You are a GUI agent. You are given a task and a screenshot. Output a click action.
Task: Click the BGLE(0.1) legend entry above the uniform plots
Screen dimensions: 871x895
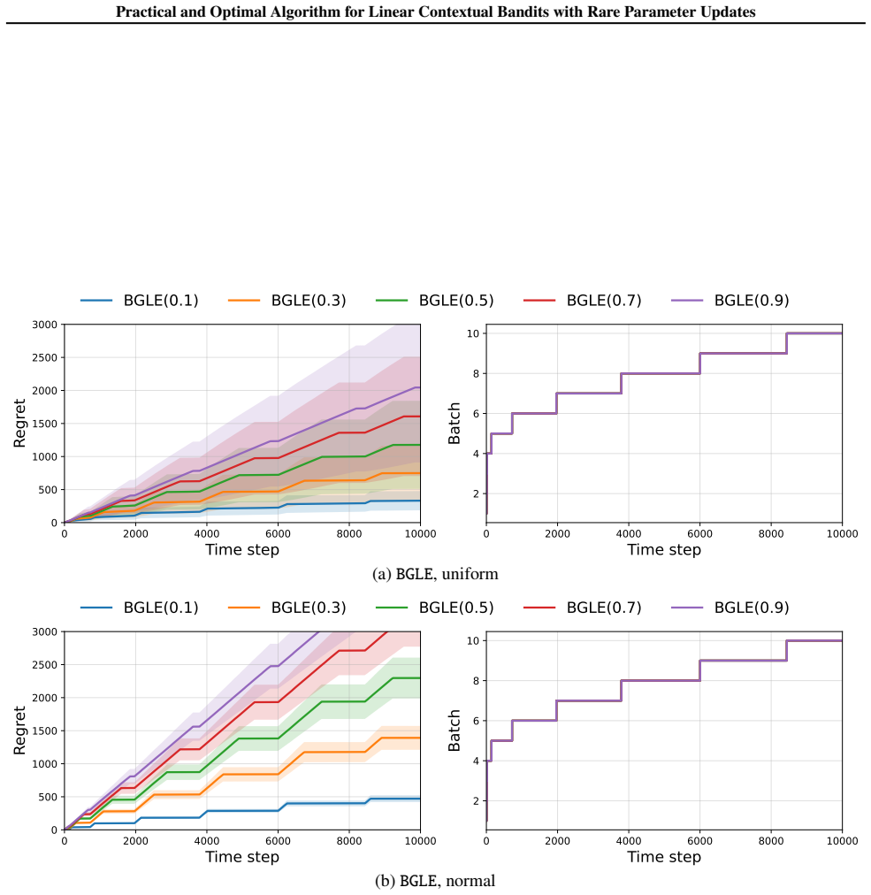coord(139,300)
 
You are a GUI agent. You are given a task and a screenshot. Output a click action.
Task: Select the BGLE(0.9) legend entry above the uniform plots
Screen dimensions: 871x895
coord(730,300)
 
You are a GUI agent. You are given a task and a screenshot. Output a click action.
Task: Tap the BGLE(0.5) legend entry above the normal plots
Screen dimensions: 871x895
coord(435,608)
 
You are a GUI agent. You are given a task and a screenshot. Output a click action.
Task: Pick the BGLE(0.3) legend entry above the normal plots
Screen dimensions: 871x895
coord(287,608)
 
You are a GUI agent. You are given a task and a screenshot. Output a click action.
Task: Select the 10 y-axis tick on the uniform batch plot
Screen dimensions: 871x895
coord(472,333)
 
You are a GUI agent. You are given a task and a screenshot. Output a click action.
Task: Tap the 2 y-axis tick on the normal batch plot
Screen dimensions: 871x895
coord(476,801)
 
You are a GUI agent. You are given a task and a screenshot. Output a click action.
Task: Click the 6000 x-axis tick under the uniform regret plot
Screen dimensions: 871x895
coord(278,533)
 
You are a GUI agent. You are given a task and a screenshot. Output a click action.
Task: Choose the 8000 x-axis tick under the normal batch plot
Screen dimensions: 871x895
coord(771,841)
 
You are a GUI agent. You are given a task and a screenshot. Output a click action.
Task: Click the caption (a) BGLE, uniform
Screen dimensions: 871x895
coord(435,574)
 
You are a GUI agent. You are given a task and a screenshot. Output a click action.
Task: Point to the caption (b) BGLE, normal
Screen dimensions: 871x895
coord(435,881)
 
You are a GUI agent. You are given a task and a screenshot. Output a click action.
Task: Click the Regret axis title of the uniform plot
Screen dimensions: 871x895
coord(20,424)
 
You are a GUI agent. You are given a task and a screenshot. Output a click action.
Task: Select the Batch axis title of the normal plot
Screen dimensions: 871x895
coord(455,731)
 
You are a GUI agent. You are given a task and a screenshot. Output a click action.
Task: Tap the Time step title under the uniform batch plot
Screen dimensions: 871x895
coord(664,550)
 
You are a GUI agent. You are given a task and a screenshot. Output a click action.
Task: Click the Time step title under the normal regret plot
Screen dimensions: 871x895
coord(242,857)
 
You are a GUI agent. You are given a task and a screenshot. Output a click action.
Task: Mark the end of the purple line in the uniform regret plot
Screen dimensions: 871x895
coord(420,387)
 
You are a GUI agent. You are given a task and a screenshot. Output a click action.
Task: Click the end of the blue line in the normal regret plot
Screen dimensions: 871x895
coord(420,799)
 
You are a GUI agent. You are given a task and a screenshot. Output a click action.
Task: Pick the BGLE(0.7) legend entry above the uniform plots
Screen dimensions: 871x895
coord(582,300)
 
